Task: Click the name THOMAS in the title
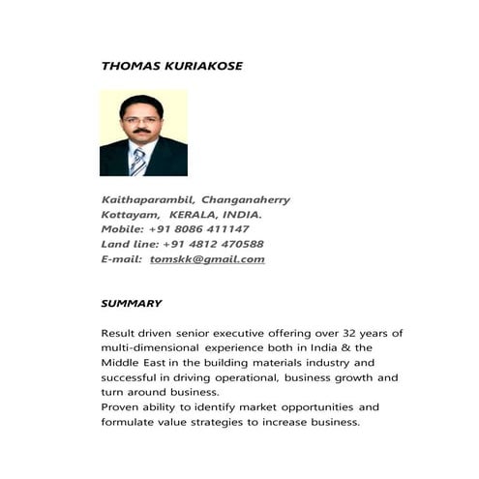127,66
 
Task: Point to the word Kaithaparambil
146,200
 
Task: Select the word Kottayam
130,215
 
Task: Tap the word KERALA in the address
194,215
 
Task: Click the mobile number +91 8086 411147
199,229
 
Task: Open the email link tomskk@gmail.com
207,259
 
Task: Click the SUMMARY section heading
132,303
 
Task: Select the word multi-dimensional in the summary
148,347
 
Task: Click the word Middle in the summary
121,362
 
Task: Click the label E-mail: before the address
122,259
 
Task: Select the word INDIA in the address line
240,215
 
